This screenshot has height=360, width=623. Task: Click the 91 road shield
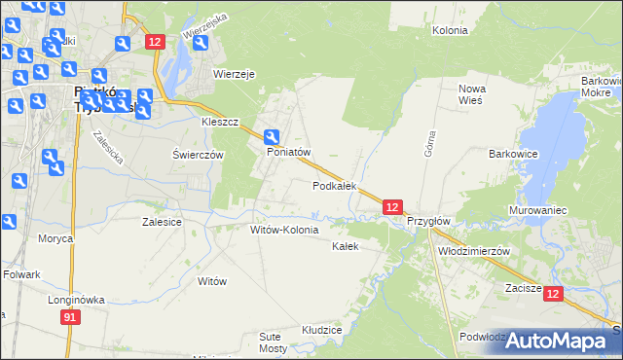click(x=69, y=318)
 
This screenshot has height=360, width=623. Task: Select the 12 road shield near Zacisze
click(x=553, y=294)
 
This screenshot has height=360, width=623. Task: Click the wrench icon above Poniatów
click(x=274, y=138)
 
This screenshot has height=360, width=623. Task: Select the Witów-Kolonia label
click(x=284, y=230)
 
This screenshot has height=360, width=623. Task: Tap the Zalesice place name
click(x=162, y=222)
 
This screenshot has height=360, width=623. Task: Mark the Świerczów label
click(x=199, y=155)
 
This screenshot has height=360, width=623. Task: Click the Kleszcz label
click(x=220, y=124)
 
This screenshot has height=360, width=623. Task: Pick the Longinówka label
click(x=76, y=300)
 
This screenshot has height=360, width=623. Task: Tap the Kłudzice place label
click(x=321, y=330)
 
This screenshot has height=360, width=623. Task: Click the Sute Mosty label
click(x=273, y=342)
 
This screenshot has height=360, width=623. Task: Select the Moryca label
click(x=55, y=238)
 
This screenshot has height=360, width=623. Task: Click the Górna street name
click(x=427, y=145)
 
